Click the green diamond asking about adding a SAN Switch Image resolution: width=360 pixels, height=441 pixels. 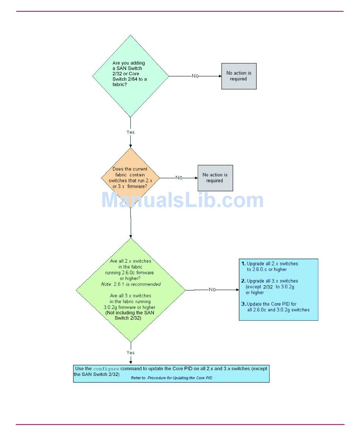point(130,76)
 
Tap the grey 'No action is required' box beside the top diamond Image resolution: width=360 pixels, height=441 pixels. point(239,76)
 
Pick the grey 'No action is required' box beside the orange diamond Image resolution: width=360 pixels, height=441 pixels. point(215,178)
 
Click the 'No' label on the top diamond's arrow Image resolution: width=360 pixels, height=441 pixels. point(195,76)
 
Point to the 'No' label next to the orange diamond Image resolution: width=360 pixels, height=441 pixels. point(179,178)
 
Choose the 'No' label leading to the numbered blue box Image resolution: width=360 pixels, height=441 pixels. point(212,290)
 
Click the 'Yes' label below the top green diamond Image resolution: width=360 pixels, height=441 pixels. point(130,132)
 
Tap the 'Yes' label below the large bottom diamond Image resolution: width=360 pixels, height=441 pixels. point(130,352)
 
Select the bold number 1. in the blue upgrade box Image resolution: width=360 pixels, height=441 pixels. point(243,263)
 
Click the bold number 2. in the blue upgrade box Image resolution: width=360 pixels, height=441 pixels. point(243,281)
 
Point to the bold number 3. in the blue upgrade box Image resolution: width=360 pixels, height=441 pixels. point(244,304)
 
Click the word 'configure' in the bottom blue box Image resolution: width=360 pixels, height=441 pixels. point(106,369)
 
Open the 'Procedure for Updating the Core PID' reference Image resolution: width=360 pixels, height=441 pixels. point(180,378)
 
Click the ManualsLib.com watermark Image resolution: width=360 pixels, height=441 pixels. point(182,200)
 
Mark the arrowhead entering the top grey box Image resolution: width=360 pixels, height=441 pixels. point(219,76)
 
